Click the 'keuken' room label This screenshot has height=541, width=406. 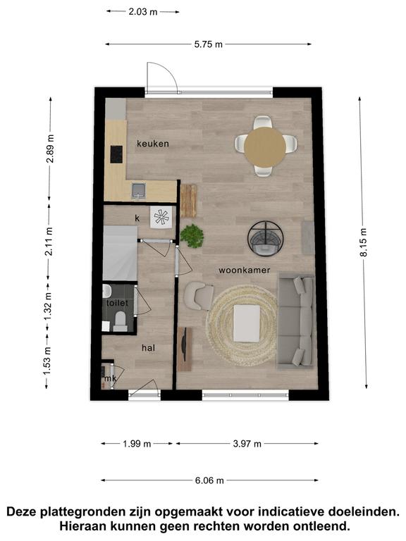[152, 144]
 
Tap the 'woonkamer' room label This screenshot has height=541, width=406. [245, 270]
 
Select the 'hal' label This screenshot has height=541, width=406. [149, 348]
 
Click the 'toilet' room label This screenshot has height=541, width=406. [117, 303]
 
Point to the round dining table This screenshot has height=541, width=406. [265, 147]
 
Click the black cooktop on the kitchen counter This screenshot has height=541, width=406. [116, 154]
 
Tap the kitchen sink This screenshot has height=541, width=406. [138, 191]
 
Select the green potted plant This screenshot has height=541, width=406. [192, 236]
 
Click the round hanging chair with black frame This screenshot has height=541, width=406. [266, 238]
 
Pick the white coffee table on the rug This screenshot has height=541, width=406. [247, 323]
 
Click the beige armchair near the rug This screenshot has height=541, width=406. [198, 296]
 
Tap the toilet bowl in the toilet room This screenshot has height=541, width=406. [120, 321]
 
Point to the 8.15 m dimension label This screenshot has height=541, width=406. [364, 243]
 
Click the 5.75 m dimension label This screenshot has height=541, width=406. [208, 44]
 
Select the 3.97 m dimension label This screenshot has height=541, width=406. [247, 444]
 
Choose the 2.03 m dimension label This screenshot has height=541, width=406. [143, 12]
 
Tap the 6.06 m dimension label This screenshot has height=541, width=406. [209, 480]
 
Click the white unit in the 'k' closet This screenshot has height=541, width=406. [161, 217]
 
